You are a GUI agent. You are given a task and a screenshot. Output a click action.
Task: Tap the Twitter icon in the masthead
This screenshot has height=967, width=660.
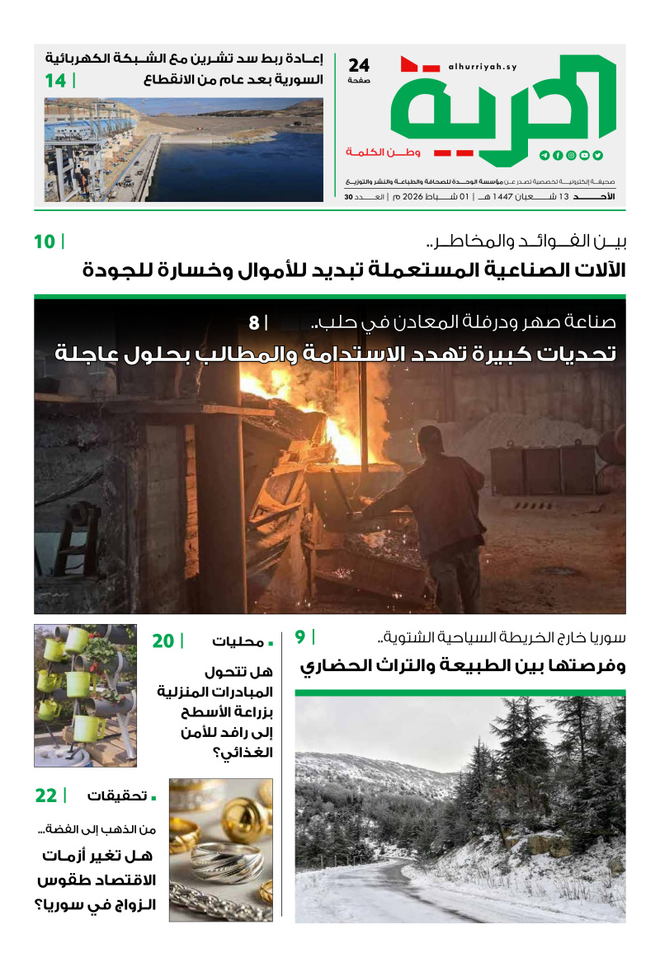tap(598, 155)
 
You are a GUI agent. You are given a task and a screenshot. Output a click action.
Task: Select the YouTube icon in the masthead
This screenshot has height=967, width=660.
tap(585, 155)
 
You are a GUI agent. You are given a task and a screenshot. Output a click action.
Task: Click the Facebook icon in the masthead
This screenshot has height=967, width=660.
tap(558, 155)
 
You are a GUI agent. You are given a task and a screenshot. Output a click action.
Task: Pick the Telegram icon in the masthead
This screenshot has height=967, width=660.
tap(544, 155)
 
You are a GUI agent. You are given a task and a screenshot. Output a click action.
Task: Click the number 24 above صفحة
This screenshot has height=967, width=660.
tap(359, 65)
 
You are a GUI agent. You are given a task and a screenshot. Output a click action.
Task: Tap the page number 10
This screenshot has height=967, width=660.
tap(45, 242)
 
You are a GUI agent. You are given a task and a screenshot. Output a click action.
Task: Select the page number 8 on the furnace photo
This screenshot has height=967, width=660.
tap(253, 322)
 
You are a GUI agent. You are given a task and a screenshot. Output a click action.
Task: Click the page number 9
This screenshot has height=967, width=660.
tap(300, 636)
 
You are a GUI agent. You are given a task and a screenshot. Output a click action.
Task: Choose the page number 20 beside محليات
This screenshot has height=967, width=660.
tap(163, 641)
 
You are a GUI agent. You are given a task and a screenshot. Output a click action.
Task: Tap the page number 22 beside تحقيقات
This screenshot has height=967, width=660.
tap(46, 796)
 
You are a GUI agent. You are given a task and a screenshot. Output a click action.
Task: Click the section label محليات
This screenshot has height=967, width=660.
tap(232, 641)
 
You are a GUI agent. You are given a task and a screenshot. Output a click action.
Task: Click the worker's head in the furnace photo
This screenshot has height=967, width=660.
tap(430, 439)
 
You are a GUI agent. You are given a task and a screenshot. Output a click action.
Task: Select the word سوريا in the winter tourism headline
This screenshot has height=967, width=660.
tap(606, 637)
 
